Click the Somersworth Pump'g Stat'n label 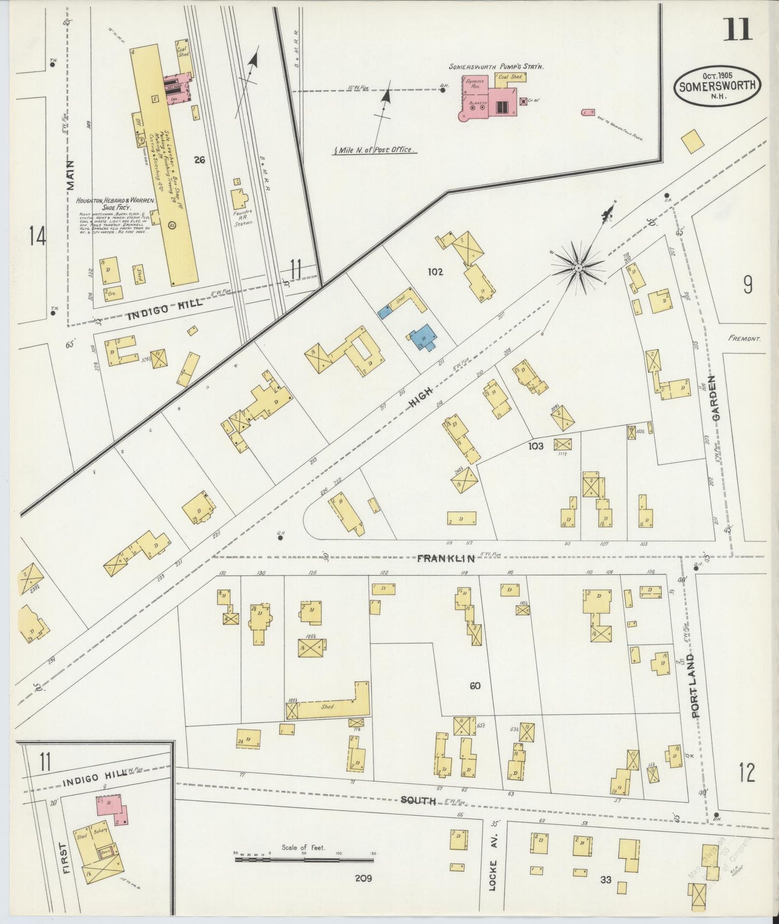pyautogui.click(x=496, y=67)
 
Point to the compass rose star pyautogui.click(x=578, y=266)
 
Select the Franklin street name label pyautogui.click(x=439, y=558)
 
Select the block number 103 pyautogui.click(x=536, y=446)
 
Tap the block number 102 pyautogui.click(x=435, y=272)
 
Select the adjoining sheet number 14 pyautogui.click(x=37, y=237)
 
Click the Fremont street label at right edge pyautogui.click(x=744, y=339)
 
